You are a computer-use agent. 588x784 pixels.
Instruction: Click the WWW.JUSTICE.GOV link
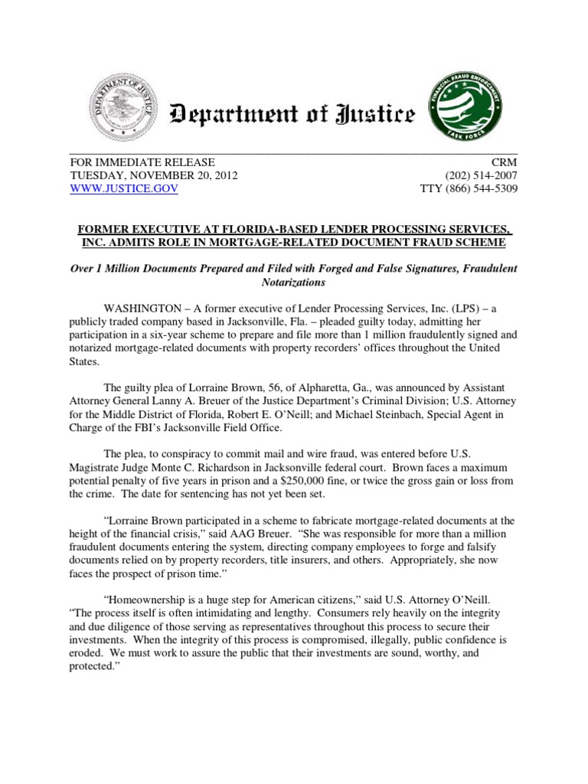tap(124, 188)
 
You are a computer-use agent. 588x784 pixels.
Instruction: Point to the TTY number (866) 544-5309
tap(469, 188)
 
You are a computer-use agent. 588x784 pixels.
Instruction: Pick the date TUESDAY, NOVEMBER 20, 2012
tap(154, 175)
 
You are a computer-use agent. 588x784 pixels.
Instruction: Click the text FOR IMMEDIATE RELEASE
tap(142, 162)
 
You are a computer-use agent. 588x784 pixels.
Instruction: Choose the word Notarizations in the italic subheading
tap(294, 282)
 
